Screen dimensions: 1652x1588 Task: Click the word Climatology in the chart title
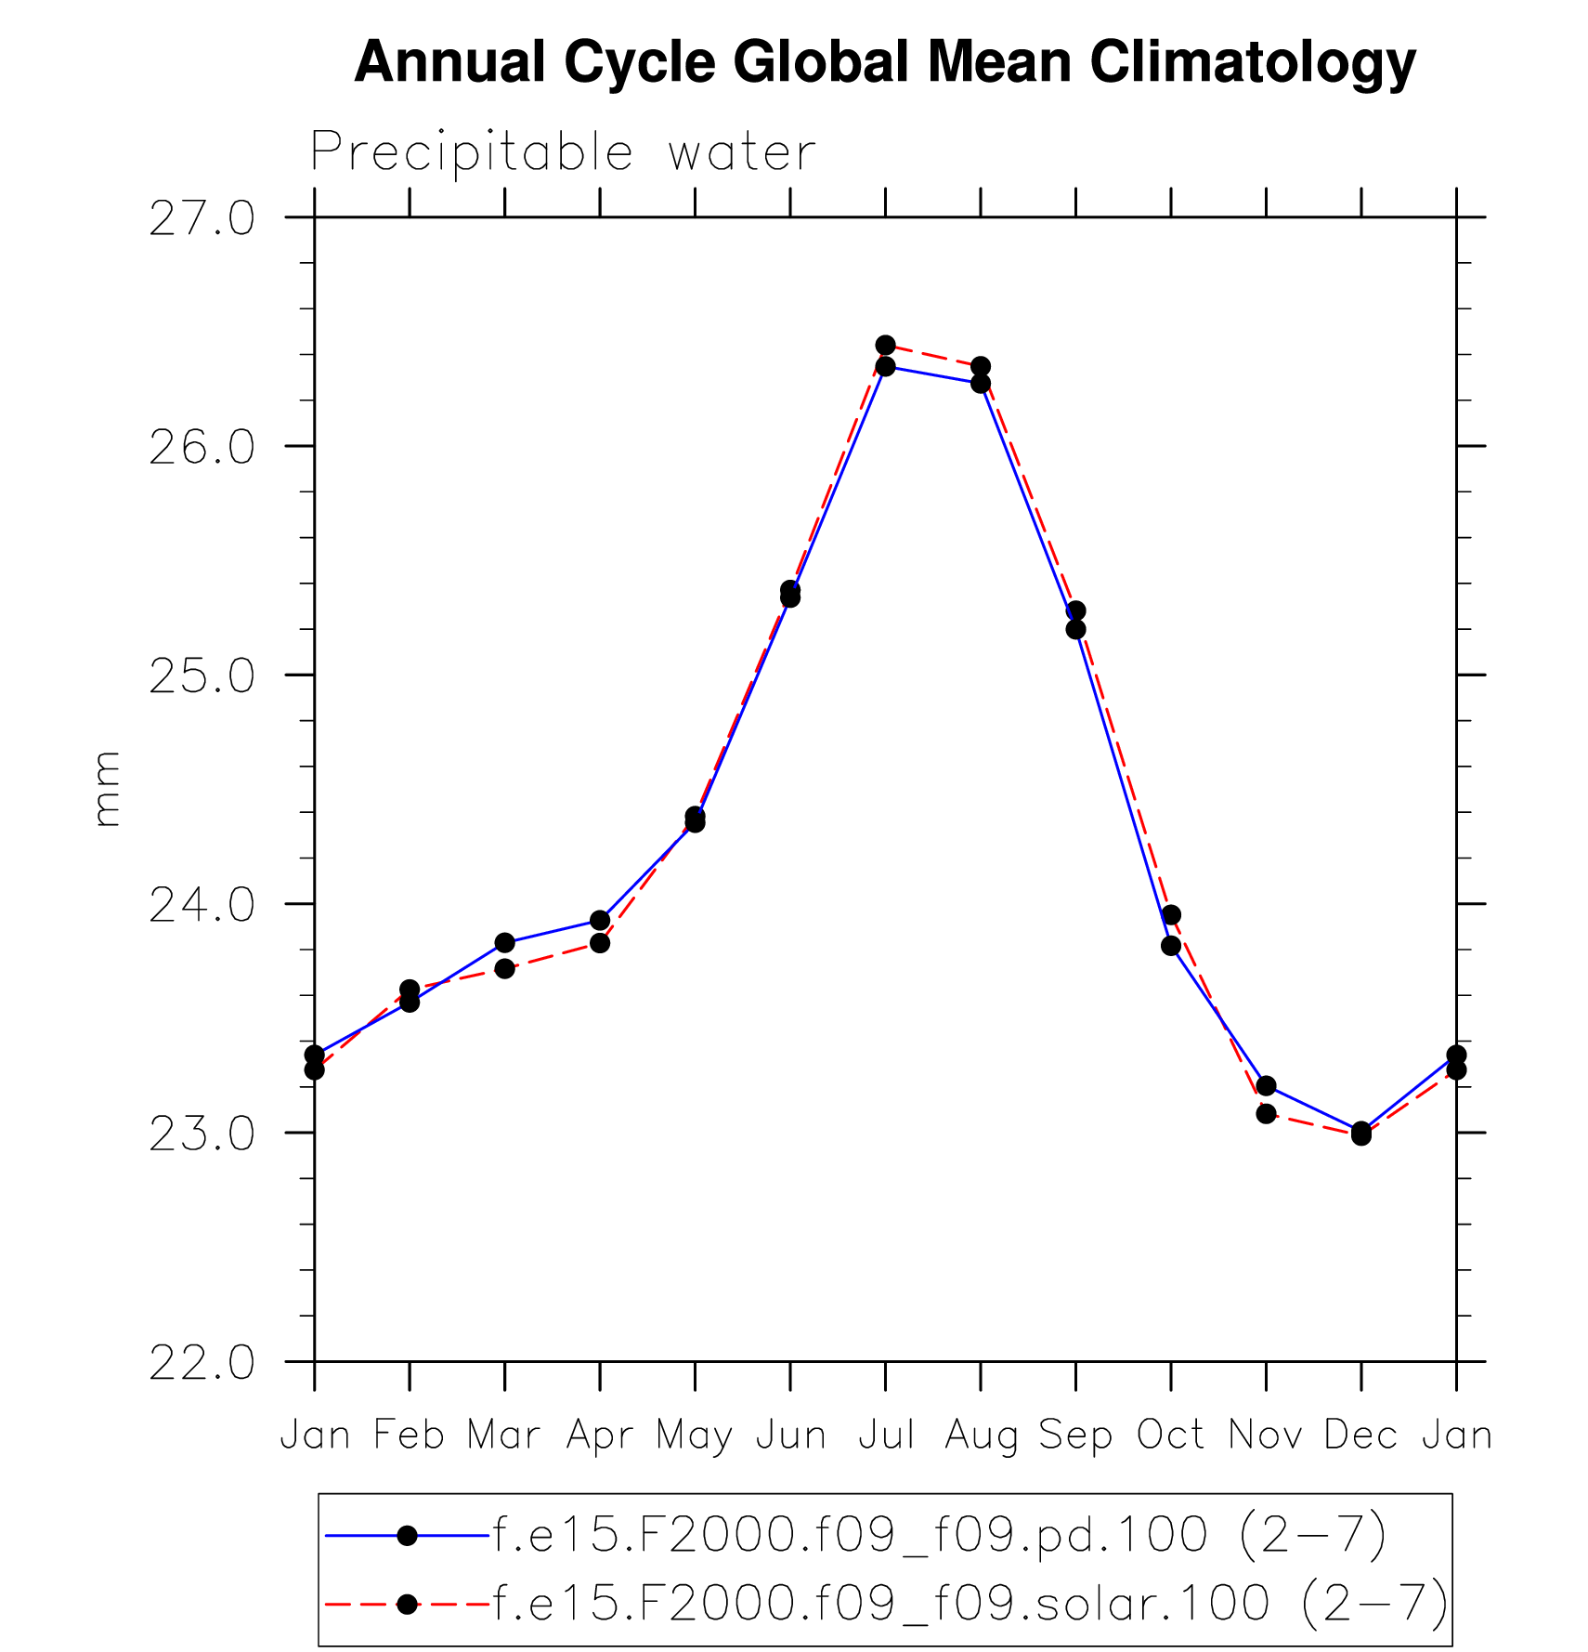point(1253,63)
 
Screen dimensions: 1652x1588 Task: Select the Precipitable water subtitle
point(563,152)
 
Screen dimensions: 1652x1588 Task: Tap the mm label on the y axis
point(108,789)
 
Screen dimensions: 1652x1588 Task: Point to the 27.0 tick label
point(202,219)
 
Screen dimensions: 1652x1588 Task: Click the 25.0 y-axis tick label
point(202,676)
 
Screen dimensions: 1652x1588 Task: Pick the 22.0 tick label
point(202,1363)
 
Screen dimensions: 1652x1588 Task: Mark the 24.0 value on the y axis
point(202,906)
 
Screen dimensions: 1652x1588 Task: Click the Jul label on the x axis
point(886,1436)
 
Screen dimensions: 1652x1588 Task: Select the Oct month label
point(1171,1436)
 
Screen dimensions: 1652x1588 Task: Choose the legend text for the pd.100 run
point(940,1535)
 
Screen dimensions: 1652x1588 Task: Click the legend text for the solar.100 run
point(970,1603)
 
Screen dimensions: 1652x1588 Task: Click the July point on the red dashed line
point(886,346)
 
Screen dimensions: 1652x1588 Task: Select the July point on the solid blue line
point(886,367)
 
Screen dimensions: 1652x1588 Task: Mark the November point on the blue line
point(1266,1085)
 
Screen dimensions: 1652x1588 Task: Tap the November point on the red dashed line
point(1266,1113)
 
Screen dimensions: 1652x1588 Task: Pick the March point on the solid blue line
point(504,943)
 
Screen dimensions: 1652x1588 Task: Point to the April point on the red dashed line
point(600,943)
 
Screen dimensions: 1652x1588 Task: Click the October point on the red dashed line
point(1171,915)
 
